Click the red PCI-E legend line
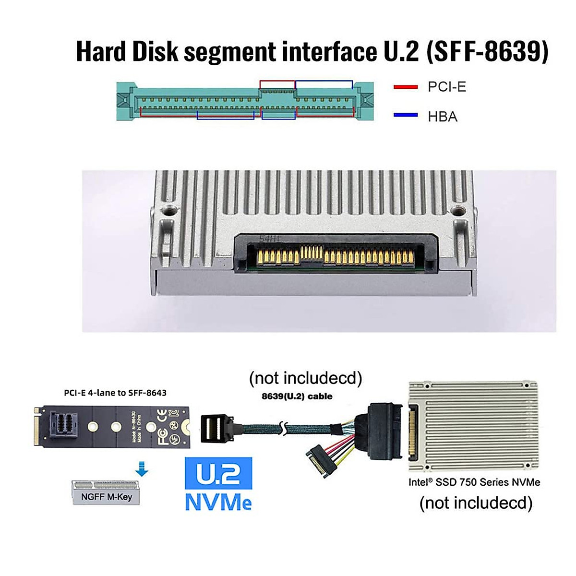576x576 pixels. click(x=406, y=87)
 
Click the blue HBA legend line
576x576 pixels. click(x=406, y=115)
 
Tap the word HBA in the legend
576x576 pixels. click(x=443, y=116)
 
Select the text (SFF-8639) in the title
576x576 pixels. click(x=487, y=51)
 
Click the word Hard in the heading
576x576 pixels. click(x=101, y=51)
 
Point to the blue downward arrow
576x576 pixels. click(x=142, y=468)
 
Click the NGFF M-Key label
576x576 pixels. click(x=106, y=497)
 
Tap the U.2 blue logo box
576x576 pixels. click(x=218, y=473)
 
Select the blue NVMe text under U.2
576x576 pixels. click(x=218, y=502)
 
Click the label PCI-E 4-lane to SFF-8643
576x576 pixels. click(x=115, y=393)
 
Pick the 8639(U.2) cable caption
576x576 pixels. click(x=297, y=396)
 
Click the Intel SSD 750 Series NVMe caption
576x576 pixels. click(x=474, y=482)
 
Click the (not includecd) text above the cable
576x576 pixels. click(x=305, y=378)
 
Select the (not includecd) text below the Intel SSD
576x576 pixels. click(x=476, y=503)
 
